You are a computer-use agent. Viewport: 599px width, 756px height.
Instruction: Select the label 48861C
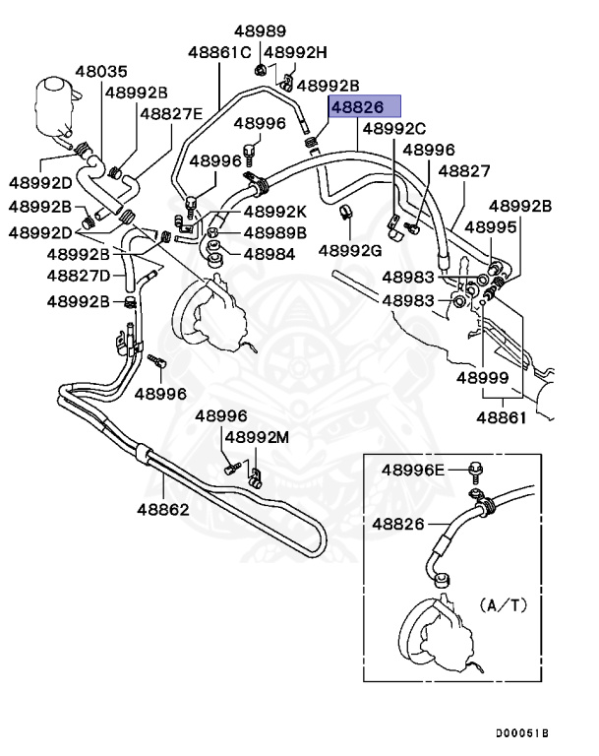pyautogui.click(x=220, y=51)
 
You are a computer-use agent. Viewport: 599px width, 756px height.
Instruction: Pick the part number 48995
pyautogui.click(x=491, y=227)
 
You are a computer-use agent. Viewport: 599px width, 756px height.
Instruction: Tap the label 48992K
pyautogui.click(x=275, y=212)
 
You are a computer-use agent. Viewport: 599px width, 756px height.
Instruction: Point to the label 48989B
pyautogui.click(x=275, y=233)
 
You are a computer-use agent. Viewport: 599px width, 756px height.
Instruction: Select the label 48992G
pyautogui.click(x=349, y=250)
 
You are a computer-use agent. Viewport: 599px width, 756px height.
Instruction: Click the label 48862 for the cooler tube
pyautogui.click(x=162, y=510)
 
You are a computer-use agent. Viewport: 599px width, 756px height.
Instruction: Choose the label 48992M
pyautogui.click(x=257, y=437)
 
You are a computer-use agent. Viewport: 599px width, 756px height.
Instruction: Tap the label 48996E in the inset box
pyautogui.click(x=413, y=470)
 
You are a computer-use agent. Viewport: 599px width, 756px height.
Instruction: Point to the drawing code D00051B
pyautogui.click(x=522, y=734)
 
